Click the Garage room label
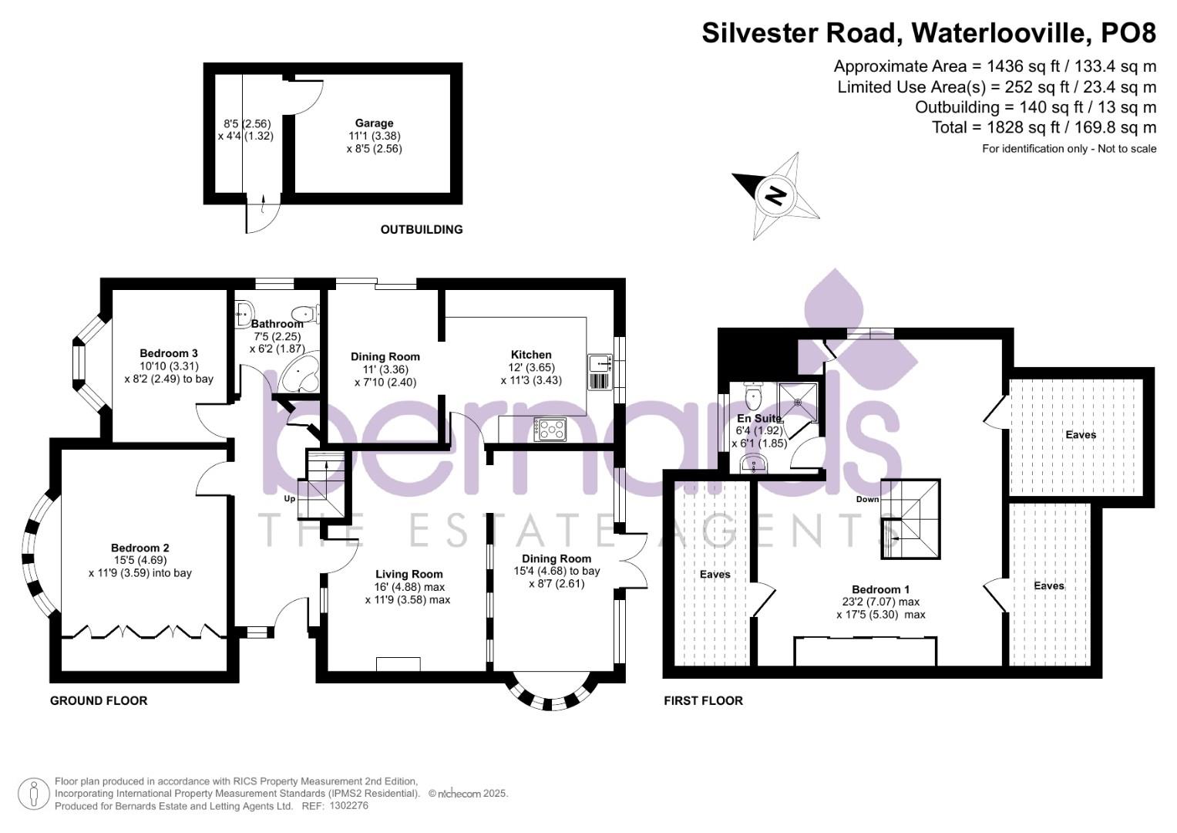pyautogui.click(x=374, y=123)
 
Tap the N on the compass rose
pyautogui.click(x=775, y=196)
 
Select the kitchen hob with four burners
pyautogui.click(x=550, y=429)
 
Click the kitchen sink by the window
pyautogui.click(x=600, y=373)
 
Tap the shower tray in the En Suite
pyautogui.click(x=798, y=403)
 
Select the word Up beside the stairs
pyautogui.click(x=290, y=498)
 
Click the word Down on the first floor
pyautogui.click(x=867, y=499)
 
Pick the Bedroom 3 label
pyautogui.click(x=169, y=353)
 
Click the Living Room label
pyautogui.click(x=409, y=575)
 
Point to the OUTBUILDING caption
pyautogui.click(x=422, y=229)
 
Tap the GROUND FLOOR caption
pyautogui.click(x=99, y=700)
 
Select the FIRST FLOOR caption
pyautogui.click(x=703, y=700)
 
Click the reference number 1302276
pyautogui.click(x=348, y=806)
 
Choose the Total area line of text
pyautogui.click(x=1044, y=127)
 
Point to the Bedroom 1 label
pyautogui.click(x=881, y=589)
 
